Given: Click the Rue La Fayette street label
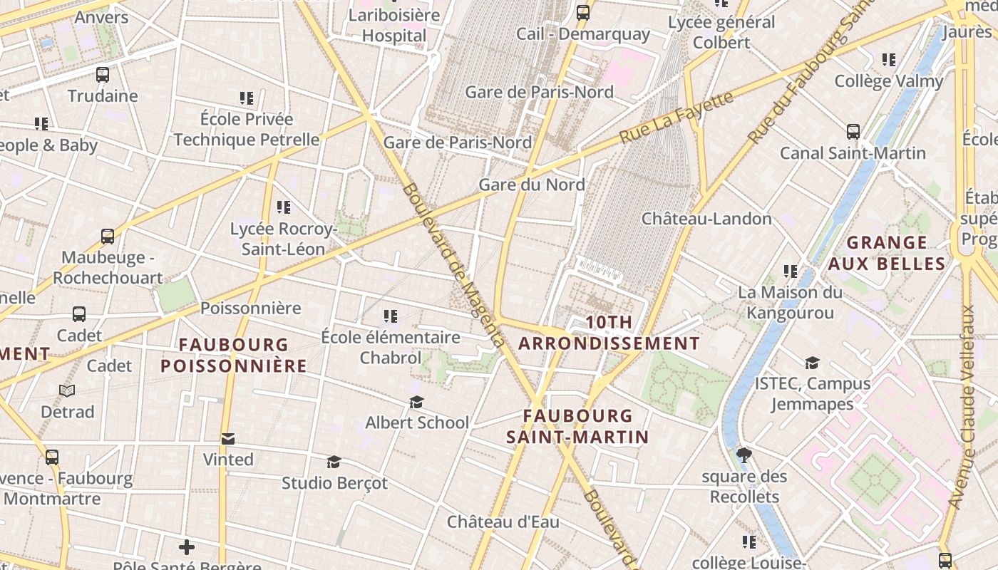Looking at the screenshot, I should (676, 117).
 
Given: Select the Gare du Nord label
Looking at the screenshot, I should (532, 185).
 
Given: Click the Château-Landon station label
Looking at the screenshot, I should (706, 219).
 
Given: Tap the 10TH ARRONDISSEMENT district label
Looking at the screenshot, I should (609, 333).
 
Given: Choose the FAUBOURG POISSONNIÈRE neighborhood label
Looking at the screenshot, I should (233, 356).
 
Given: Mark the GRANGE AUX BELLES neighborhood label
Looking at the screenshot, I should (887, 254).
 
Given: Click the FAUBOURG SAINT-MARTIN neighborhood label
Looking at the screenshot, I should (577, 426).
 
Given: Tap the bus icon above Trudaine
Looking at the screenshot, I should (103, 75).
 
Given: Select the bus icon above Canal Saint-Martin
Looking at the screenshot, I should (853, 132).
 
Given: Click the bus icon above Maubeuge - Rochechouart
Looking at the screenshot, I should (108, 237).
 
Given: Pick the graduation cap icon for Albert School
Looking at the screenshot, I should (417, 403).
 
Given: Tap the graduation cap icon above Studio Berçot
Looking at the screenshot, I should (334, 462).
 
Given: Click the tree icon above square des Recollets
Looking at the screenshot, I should (744, 455).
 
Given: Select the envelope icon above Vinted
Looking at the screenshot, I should (228, 439).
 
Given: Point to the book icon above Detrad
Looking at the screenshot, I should (67, 391).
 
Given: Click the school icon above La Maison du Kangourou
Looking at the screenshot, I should (790, 271).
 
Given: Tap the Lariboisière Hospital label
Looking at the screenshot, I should (394, 26).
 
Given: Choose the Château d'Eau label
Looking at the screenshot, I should (503, 522).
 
